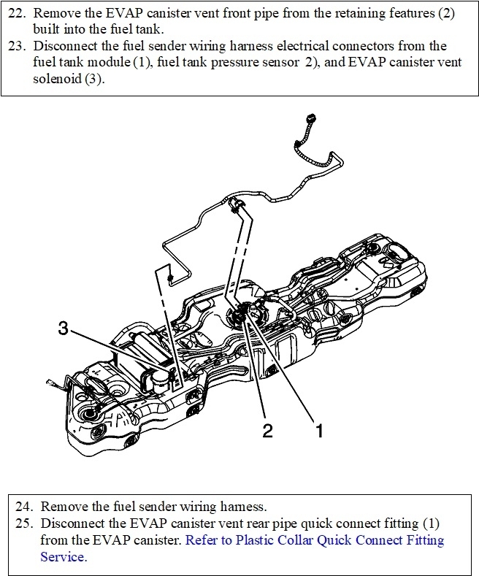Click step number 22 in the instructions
pyautogui.click(x=23, y=15)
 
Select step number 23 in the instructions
pyautogui.click(x=23, y=46)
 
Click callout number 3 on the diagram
pyautogui.click(x=64, y=329)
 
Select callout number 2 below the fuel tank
pyautogui.click(x=267, y=430)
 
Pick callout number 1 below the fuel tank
pyautogui.click(x=318, y=430)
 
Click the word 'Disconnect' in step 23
pyautogui.click(x=75, y=46)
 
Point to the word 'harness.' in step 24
pyautogui.click(x=245, y=506)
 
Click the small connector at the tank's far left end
pyautogui.click(x=50, y=382)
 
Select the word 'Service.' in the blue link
pyautogui.click(x=64, y=556)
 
